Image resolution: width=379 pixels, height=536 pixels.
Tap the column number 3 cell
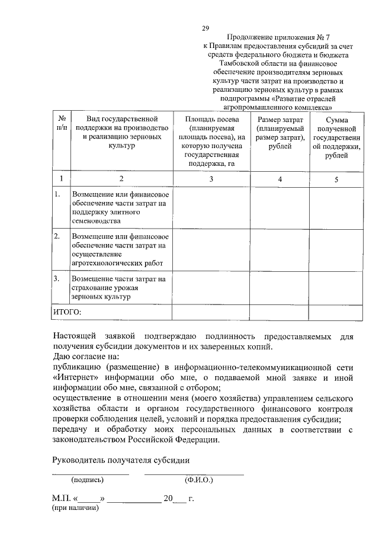[x=211, y=178]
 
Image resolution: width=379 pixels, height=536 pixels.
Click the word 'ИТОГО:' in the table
[x=68, y=311]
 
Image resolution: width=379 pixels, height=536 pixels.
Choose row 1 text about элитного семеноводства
[x=118, y=207]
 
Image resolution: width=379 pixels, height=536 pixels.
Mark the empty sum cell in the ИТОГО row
[x=336, y=311]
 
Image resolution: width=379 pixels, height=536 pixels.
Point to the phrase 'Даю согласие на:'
[x=85, y=357]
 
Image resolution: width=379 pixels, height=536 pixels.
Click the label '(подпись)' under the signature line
[x=87, y=480]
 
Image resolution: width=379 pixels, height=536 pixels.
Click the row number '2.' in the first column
[x=57, y=236]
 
